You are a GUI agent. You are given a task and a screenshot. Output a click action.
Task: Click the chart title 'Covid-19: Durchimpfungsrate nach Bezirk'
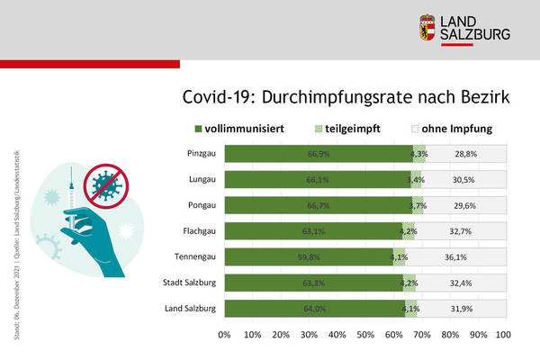point(346,96)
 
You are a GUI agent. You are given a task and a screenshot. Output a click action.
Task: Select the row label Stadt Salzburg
point(188,283)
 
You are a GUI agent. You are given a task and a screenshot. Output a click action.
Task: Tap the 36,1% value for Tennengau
point(465,258)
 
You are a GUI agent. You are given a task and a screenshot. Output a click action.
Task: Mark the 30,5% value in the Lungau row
point(465,180)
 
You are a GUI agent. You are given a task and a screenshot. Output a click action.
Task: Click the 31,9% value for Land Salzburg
point(465,310)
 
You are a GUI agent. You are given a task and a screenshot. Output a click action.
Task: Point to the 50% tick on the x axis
point(365,335)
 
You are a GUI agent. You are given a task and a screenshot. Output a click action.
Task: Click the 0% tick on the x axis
point(225,335)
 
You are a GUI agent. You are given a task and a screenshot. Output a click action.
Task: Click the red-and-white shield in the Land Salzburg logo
point(427,28)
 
